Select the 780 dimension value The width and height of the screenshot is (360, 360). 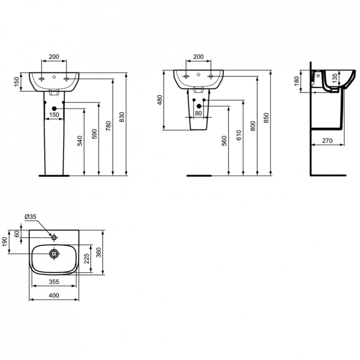[x=108, y=126]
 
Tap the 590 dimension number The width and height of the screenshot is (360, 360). [x=94, y=134]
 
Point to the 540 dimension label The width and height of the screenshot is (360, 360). [x=80, y=140]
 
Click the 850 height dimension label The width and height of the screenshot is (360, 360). [x=267, y=118]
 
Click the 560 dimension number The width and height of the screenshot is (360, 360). [x=224, y=141]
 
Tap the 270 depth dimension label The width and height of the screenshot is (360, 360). [x=327, y=141]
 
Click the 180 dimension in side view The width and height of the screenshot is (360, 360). [x=296, y=81]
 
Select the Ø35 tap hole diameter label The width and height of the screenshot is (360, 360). [x=31, y=216]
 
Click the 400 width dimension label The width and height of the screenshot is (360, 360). [x=54, y=296]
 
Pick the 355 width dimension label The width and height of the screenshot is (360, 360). [x=54, y=282]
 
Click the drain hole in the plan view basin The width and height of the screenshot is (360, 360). [x=54, y=253]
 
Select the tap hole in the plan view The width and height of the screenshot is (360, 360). [x=54, y=237]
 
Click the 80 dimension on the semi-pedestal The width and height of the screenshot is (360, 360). [x=198, y=113]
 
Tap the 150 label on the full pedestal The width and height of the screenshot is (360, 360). [x=54, y=115]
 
